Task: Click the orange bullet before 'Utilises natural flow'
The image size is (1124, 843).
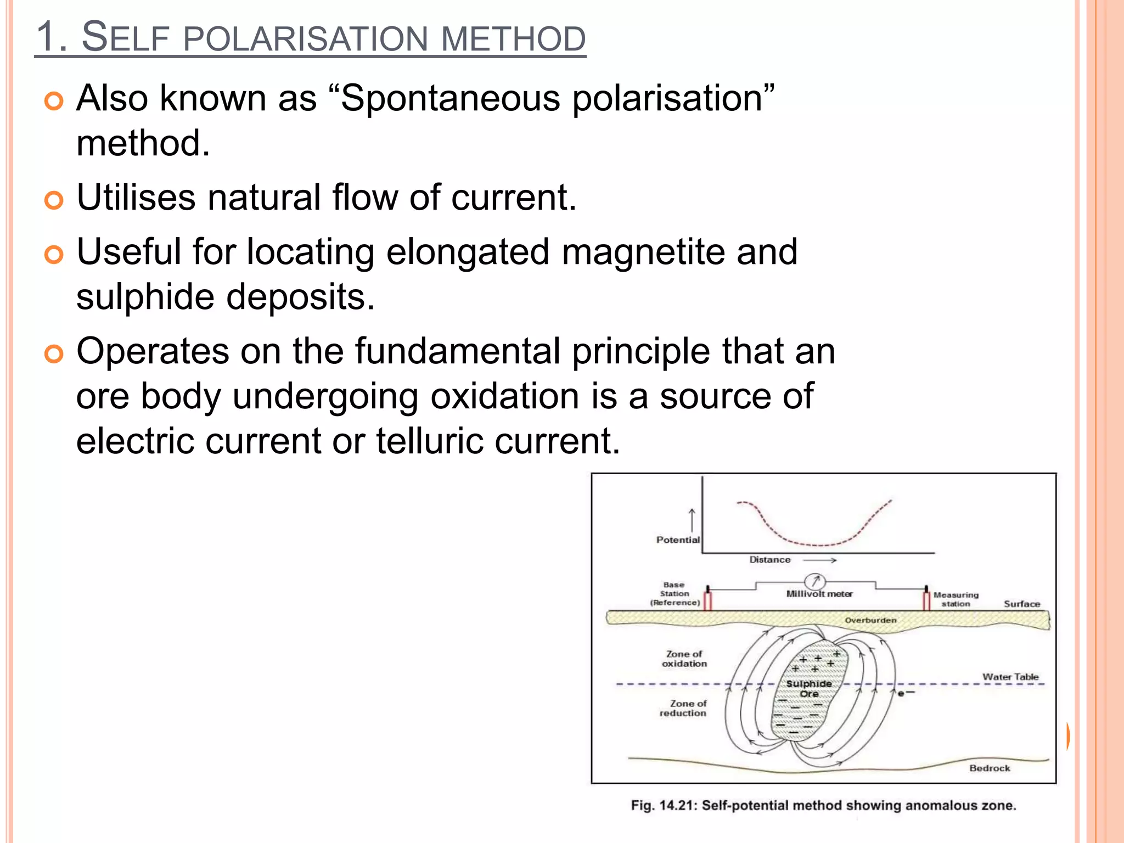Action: pos(54,200)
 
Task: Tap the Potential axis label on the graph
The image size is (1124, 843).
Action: pos(678,540)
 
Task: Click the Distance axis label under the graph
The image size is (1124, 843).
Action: pos(770,560)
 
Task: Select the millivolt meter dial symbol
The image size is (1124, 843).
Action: pos(815,581)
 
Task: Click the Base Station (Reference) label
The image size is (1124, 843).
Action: pos(675,594)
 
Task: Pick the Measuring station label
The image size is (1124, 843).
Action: pos(956,599)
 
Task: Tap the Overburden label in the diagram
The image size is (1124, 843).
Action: pos(870,620)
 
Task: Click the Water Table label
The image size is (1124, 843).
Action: pos(1010,677)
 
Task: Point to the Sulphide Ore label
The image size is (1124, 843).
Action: pos(809,689)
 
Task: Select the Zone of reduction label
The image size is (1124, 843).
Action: pos(683,708)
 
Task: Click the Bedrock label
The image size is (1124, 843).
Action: pos(990,768)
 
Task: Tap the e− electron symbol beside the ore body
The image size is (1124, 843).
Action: pos(906,694)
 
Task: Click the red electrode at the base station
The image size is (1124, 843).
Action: pos(708,600)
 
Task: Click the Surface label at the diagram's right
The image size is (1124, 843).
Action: pos(1022,604)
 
